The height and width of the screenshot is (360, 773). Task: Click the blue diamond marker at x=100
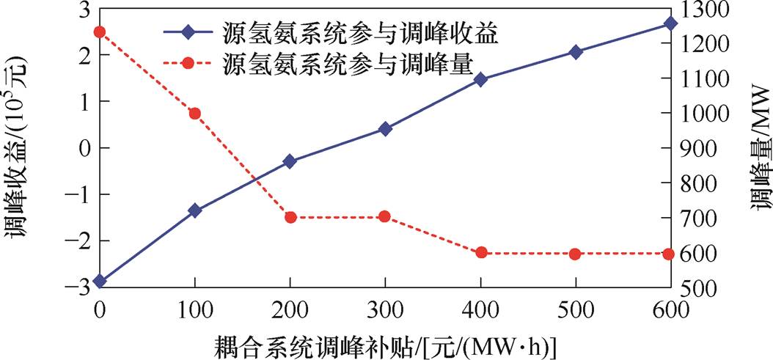(x=195, y=210)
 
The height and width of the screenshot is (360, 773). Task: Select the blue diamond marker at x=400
(x=481, y=79)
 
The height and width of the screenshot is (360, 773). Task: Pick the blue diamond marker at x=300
(x=385, y=129)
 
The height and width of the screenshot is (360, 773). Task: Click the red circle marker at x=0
(x=100, y=32)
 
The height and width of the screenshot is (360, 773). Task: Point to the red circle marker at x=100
(x=195, y=114)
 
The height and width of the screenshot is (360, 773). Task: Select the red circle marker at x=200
(x=290, y=217)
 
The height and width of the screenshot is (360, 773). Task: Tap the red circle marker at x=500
(x=576, y=254)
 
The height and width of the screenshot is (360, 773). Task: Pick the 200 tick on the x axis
(x=290, y=309)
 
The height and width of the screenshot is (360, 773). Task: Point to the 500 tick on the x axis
(x=576, y=309)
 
